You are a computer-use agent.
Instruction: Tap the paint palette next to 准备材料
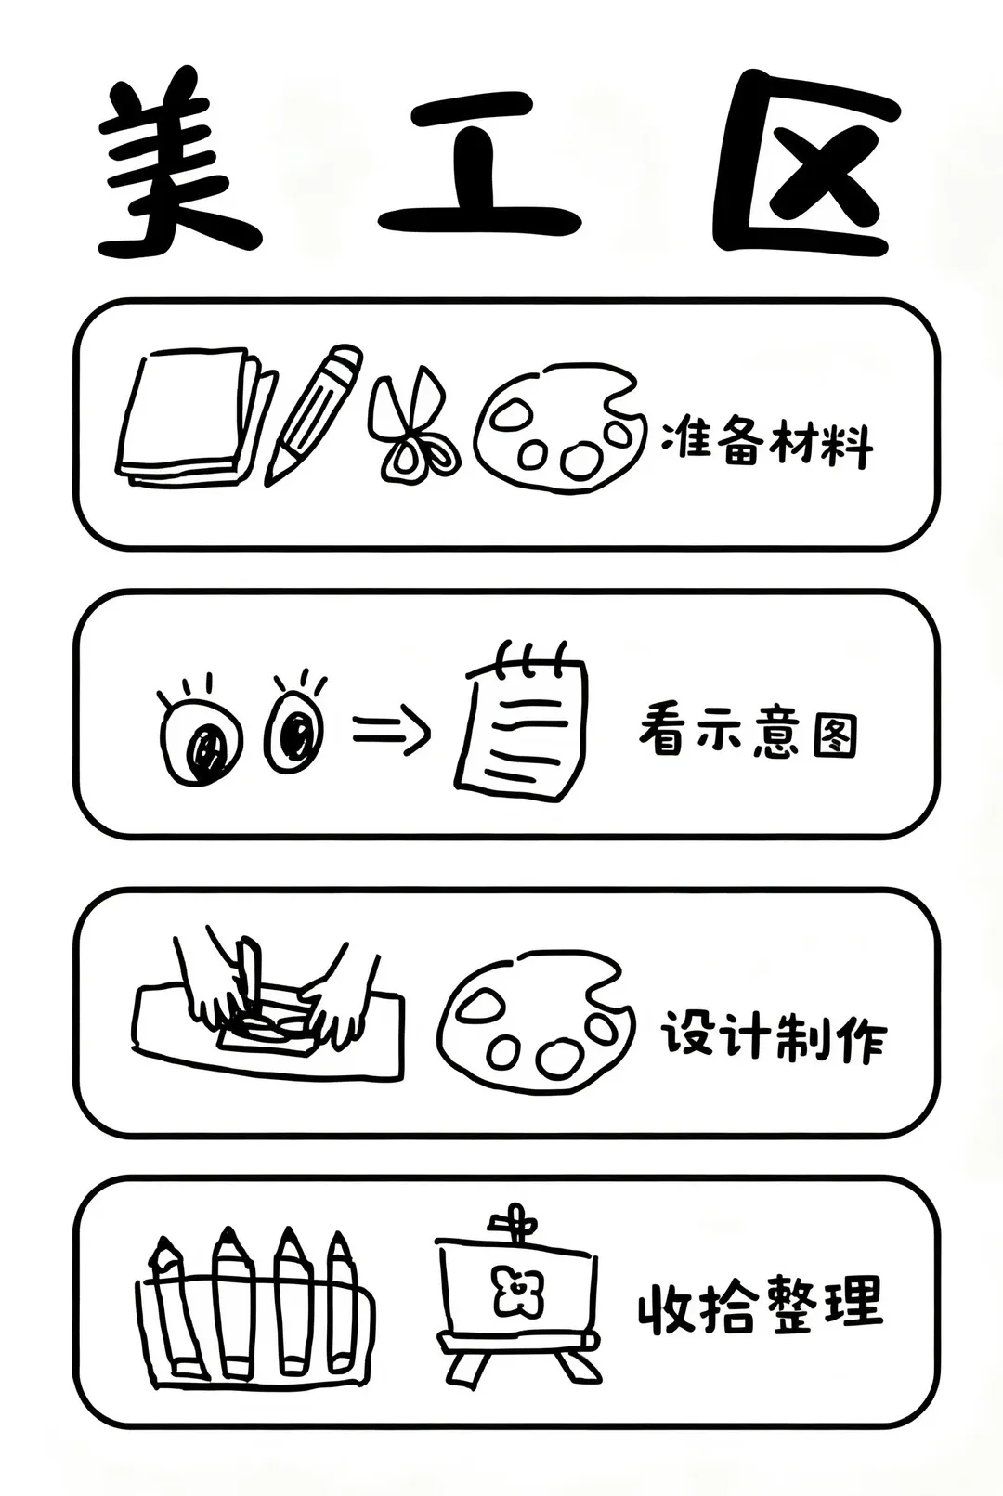[560, 427]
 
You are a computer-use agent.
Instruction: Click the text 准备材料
[766, 441]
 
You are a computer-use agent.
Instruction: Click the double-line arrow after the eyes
[391, 732]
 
